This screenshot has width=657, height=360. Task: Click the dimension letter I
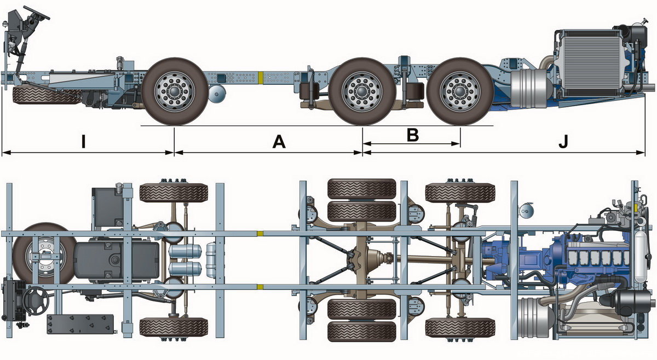[x=83, y=142]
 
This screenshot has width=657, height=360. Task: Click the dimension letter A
[x=279, y=142]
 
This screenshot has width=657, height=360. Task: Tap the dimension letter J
[x=564, y=142]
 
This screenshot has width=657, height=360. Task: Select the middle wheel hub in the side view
[x=361, y=92]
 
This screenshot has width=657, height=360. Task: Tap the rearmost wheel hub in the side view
[x=459, y=92]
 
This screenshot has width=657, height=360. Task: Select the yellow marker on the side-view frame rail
[x=262, y=77]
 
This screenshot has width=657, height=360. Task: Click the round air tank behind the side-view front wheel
[x=217, y=95]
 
